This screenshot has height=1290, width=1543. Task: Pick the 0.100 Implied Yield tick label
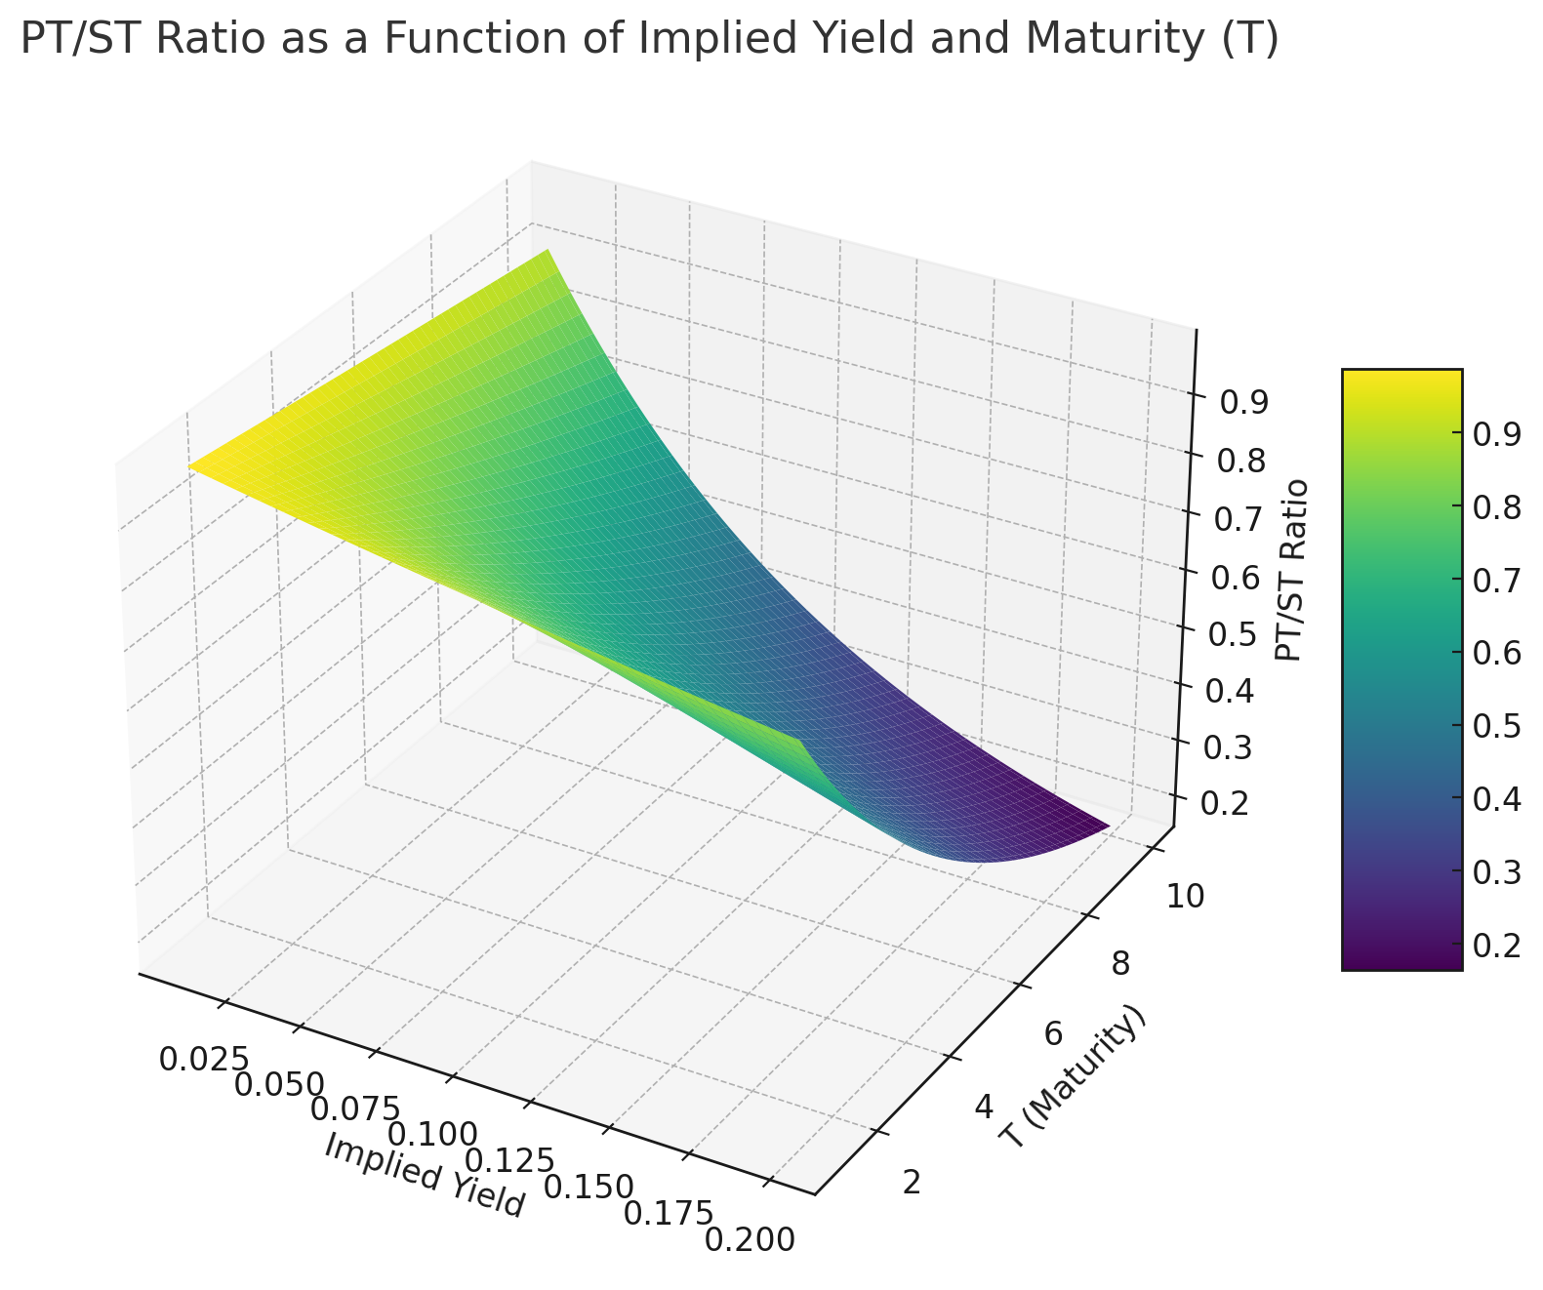[432, 1135]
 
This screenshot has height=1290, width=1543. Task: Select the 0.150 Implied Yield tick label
[589, 1187]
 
